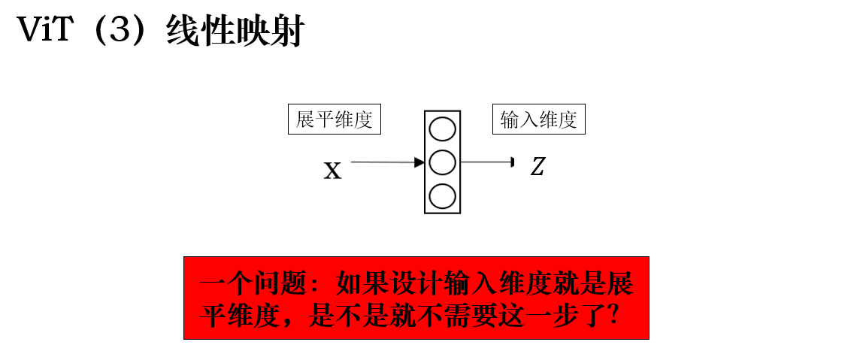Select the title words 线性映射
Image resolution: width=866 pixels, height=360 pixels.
click(236, 30)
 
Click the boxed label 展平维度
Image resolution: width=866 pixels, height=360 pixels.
click(334, 119)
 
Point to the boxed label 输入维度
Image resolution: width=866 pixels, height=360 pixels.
click(538, 119)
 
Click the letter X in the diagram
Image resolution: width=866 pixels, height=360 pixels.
click(332, 171)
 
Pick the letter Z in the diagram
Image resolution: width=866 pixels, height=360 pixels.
click(537, 167)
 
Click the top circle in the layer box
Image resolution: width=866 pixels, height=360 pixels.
click(442, 130)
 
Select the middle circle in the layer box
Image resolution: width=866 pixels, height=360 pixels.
click(442, 162)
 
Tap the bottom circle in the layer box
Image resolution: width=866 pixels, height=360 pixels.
click(442, 196)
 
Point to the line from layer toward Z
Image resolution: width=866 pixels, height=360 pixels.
click(487, 162)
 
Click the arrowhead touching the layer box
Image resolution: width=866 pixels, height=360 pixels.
click(419, 162)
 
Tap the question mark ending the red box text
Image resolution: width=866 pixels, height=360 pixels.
click(611, 316)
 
